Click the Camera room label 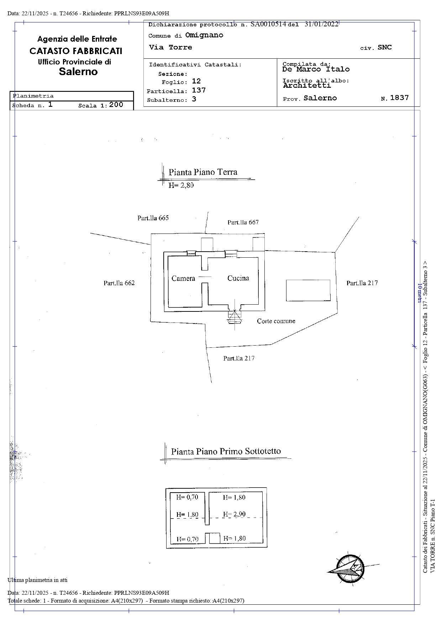click(183, 278)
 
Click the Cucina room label click(238, 278)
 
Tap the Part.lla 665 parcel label click(153, 218)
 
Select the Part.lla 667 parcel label click(243, 222)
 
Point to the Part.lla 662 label click(119, 283)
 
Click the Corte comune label click(276, 321)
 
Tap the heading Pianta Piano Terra click(203, 172)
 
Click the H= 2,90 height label click(234, 514)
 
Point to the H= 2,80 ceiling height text click(181, 185)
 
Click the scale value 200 click(116, 105)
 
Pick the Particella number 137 click(199, 90)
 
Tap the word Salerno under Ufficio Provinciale click(78, 72)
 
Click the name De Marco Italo click(316, 69)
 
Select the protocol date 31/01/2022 click(321, 24)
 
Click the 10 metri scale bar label click(420, 294)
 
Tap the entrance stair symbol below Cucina click(235, 316)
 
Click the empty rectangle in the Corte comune click(308, 290)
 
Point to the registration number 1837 click(399, 98)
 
